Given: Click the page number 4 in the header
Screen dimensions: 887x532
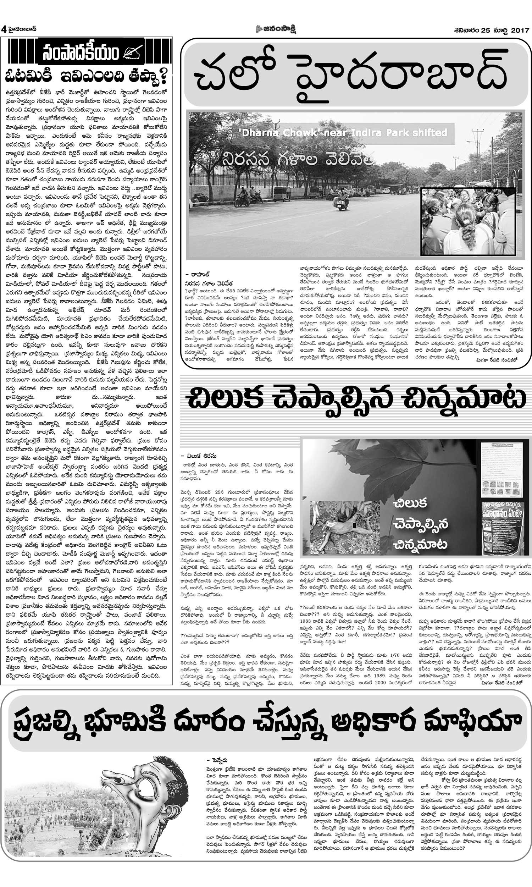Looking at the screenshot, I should pyautogui.click(x=4, y=29).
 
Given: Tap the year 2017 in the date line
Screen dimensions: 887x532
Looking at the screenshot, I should pyautogui.click(x=520, y=31).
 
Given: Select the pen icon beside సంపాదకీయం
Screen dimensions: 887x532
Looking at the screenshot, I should pyautogui.click(x=133, y=53).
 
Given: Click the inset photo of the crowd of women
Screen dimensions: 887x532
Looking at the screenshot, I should pyautogui.click(x=468, y=221).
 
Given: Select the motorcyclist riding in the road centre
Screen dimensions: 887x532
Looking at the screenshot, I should pyautogui.click(x=341, y=201).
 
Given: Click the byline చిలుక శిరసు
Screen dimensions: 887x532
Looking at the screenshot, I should pyautogui.click(x=203, y=456).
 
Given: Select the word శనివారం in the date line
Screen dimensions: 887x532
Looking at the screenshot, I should pyautogui.click(x=466, y=31).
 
